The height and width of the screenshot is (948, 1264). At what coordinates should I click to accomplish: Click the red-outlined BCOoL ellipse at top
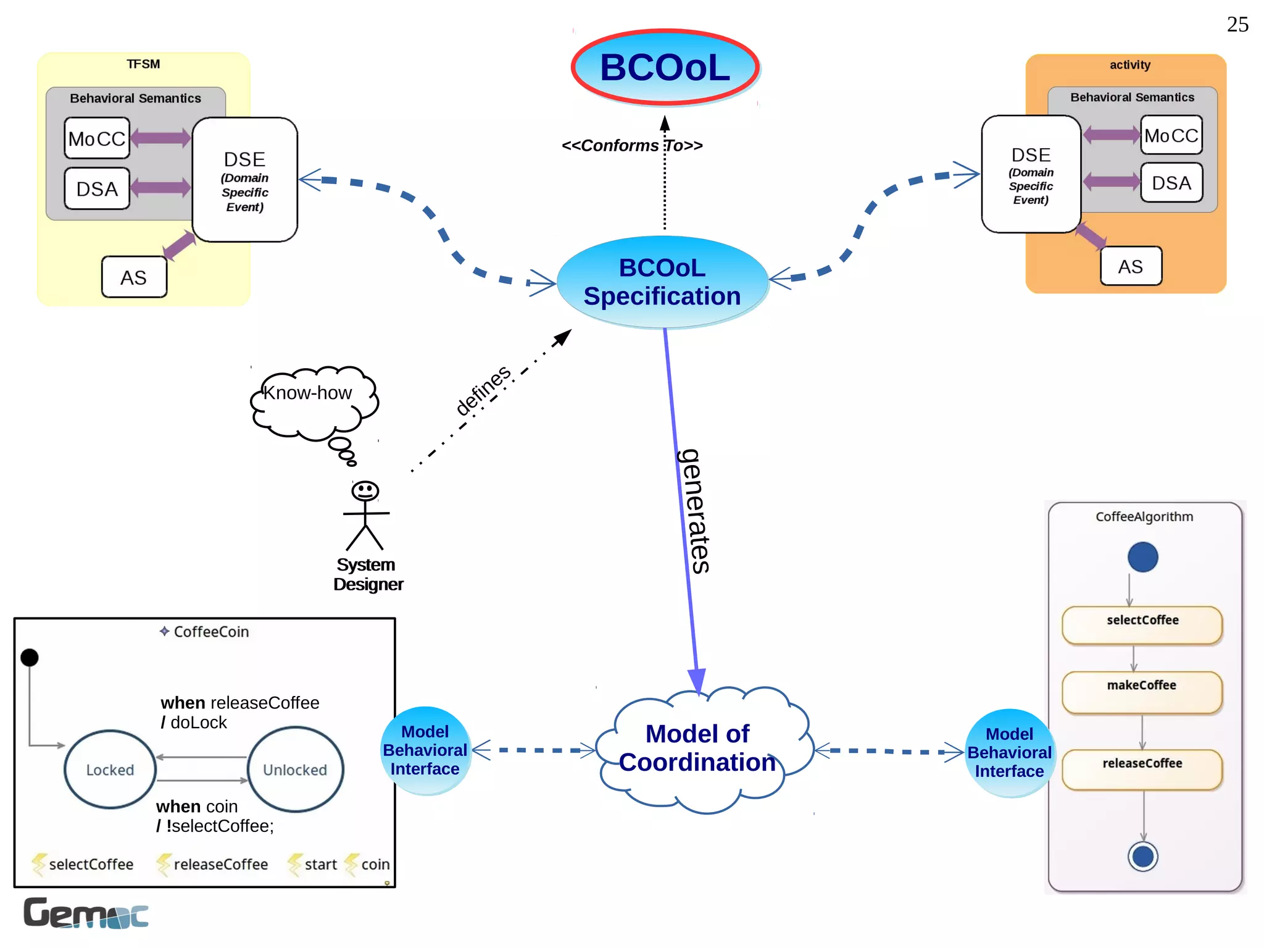click(665, 67)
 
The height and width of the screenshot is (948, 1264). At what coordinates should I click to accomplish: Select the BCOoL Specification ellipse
click(662, 282)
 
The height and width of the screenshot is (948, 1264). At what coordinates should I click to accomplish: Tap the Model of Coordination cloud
click(697, 748)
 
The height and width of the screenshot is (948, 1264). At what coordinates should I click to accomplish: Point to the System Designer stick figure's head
click(365, 491)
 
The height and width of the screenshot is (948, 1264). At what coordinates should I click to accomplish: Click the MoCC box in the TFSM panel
click(97, 138)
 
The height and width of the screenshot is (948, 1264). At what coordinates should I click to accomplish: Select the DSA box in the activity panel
click(1171, 183)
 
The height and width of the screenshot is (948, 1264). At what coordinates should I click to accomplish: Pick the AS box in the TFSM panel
click(134, 277)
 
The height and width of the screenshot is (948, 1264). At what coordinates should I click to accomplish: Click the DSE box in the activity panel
click(1030, 174)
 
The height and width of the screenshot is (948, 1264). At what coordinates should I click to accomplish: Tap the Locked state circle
click(110, 770)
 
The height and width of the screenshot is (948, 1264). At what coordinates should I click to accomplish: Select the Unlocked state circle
click(295, 770)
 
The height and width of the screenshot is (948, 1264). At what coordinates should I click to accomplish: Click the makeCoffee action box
click(1141, 692)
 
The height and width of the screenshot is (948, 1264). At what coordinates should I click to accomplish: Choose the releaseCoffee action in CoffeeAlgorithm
click(1142, 769)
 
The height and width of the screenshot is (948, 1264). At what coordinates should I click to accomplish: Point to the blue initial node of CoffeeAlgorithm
click(1142, 556)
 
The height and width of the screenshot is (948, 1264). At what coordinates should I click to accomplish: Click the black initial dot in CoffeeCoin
click(30, 657)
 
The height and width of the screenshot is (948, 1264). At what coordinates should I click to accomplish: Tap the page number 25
click(1237, 25)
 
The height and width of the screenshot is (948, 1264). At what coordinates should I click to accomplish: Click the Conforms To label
click(631, 146)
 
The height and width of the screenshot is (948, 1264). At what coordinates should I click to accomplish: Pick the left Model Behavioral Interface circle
click(425, 750)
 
